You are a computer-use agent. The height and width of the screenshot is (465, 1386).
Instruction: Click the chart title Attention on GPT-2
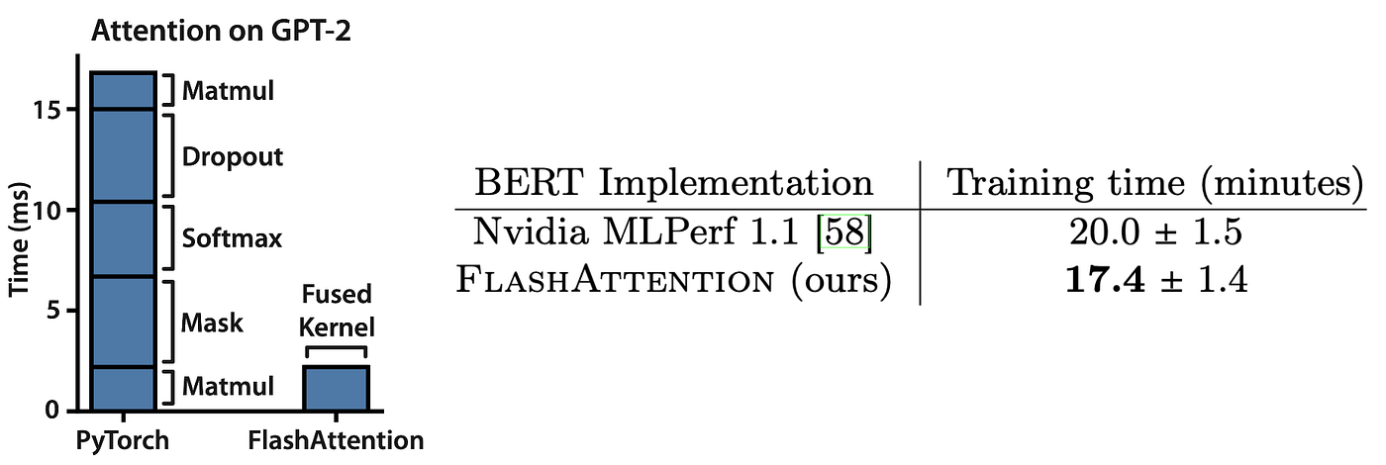click(221, 31)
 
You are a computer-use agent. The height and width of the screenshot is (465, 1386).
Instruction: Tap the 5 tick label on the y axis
click(53, 310)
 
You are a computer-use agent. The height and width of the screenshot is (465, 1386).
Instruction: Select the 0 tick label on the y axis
click(52, 410)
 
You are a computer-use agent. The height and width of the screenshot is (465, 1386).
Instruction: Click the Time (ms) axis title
click(19, 239)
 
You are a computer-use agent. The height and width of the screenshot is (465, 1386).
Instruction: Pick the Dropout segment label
click(232, 157)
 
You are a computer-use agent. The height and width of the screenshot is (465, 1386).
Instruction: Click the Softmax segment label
click(232, 238)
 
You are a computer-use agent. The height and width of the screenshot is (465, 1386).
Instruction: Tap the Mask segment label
click(212, 323)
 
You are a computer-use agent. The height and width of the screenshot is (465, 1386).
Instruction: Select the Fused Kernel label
click(337, 311)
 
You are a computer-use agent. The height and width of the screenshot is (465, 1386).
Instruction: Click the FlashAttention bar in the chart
click(336, 388)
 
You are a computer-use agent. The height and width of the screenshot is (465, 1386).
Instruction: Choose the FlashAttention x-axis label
click(336, 440)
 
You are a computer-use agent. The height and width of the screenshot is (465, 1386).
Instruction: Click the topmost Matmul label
click(228, 91)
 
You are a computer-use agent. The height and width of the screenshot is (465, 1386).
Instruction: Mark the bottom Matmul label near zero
click(228, 387)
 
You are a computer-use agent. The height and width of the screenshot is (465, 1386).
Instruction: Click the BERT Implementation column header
click(673, 183)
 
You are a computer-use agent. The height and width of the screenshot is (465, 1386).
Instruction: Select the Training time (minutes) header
click(1155, 184)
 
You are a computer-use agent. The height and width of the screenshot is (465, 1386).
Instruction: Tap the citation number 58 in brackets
click(844, 232)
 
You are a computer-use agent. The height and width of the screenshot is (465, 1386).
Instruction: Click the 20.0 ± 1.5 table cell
click(1155, 232)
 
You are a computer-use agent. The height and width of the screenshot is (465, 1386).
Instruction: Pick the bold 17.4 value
click(1105, 279)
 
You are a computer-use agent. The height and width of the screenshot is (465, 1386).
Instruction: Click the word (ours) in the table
click(841, 280)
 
